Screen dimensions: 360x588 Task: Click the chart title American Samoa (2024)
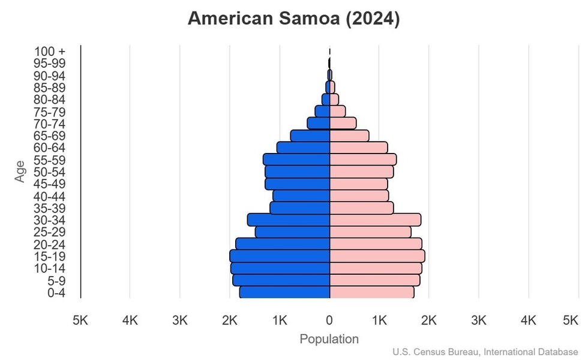[293, 19]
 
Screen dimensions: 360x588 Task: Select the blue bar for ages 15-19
[280, 256]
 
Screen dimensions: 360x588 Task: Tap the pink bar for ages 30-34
[375, 220]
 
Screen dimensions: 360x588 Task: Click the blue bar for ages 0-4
[284, 292]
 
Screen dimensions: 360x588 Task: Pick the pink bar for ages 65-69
[349, 136]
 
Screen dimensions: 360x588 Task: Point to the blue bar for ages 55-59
[296, 160]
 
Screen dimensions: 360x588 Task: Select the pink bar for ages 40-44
[359, 196]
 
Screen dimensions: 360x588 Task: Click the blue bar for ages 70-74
[319, 124]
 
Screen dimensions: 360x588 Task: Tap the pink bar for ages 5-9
[374, 280]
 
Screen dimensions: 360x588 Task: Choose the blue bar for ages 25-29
[292, 232]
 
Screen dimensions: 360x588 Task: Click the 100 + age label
[50, 52]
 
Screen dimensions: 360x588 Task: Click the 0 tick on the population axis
[329, 321]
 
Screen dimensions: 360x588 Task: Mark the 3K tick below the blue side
[180, 321]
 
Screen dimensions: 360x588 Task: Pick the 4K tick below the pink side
[529, 321]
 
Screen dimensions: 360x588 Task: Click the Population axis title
[329, 339]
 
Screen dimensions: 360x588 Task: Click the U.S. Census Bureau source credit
[486, 352]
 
